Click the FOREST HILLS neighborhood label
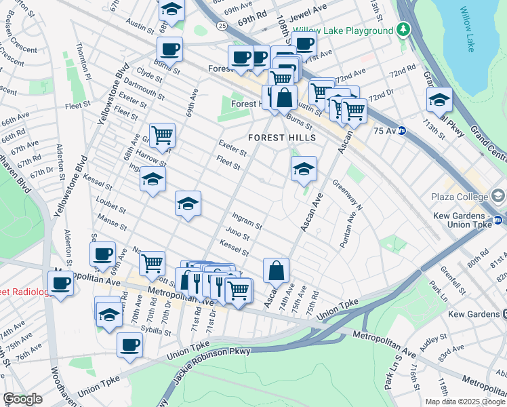coord(282,138)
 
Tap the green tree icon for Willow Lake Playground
coord(404,30)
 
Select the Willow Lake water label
coord(468,29)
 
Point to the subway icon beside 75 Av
coord(402,131)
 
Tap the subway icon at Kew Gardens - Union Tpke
coord(498,219)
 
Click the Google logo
coord(22,399)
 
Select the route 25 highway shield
coord(222,26)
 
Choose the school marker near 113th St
coord(439,99)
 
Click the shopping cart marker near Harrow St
coord(162,135)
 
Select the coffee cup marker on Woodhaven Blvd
coord(60,282)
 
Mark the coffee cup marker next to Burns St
coord(169,49)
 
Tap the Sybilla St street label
coord(157,331)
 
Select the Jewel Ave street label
coord(311,17)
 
